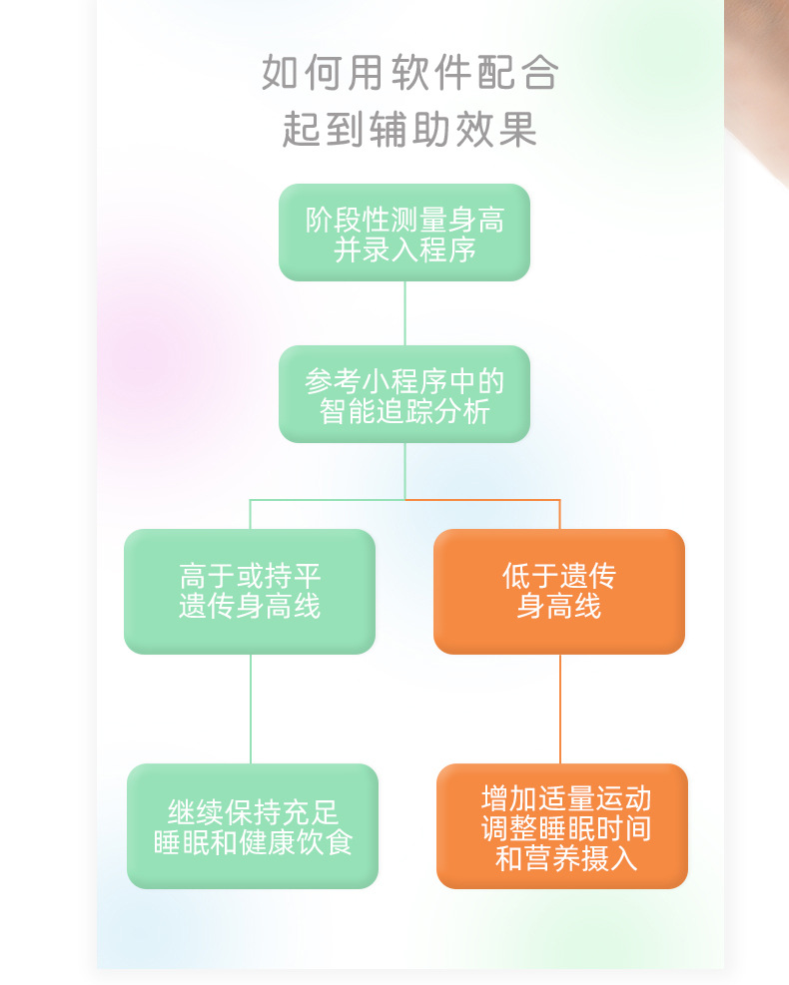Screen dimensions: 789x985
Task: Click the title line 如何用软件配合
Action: [409, 73]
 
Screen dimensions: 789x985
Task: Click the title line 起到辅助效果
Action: [409, 130]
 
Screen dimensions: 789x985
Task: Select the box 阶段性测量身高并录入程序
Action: [404, 232]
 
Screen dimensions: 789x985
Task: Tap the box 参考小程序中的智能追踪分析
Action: [404, 393]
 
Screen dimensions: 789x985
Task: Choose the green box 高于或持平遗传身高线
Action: [250, 591]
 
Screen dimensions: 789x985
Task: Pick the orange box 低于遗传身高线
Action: [559, 591]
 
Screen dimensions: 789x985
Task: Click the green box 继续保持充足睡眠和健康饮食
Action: [253, 825]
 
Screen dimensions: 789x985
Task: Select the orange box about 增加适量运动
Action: [562, 825]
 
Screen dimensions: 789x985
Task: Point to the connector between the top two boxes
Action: [404, 313]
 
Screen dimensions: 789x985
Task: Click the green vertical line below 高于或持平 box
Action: [251, 709]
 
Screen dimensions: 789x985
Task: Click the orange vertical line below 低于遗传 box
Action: [560, 709]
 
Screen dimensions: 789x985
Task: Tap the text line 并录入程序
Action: [404, 249]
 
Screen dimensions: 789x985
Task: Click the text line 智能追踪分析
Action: [404, 411]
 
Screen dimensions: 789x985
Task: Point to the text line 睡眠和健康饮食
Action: [253, 842]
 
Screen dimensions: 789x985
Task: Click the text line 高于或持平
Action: [250, 576]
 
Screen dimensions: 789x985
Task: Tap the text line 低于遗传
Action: [559, 576]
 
